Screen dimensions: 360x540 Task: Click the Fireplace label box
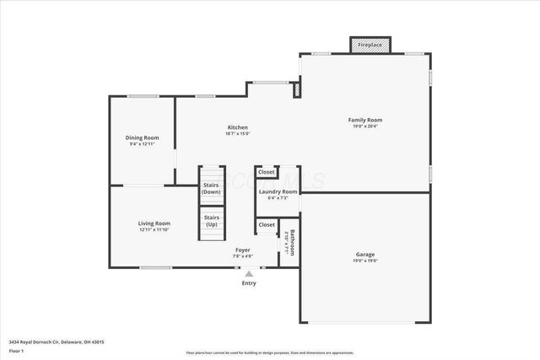(370, 45)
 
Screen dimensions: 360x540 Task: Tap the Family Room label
(365, 121)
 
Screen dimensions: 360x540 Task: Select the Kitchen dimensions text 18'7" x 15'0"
(237, 134)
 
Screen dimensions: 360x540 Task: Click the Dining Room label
(143, 137)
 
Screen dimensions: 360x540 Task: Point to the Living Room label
(154, 223)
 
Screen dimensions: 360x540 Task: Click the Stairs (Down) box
(211, 190)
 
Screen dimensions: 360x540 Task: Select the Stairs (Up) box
(211, 222)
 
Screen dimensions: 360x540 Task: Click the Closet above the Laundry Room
(267, 172)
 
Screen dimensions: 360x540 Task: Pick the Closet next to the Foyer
(267, 225)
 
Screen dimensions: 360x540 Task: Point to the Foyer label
(242, 250)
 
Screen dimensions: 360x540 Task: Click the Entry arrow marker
(249, 273)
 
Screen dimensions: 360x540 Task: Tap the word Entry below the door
(249, 283)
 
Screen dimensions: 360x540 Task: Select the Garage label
(365, 254)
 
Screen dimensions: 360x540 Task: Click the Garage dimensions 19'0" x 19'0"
(365, 261)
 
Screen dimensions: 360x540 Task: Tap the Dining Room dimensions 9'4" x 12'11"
(143, 145)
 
